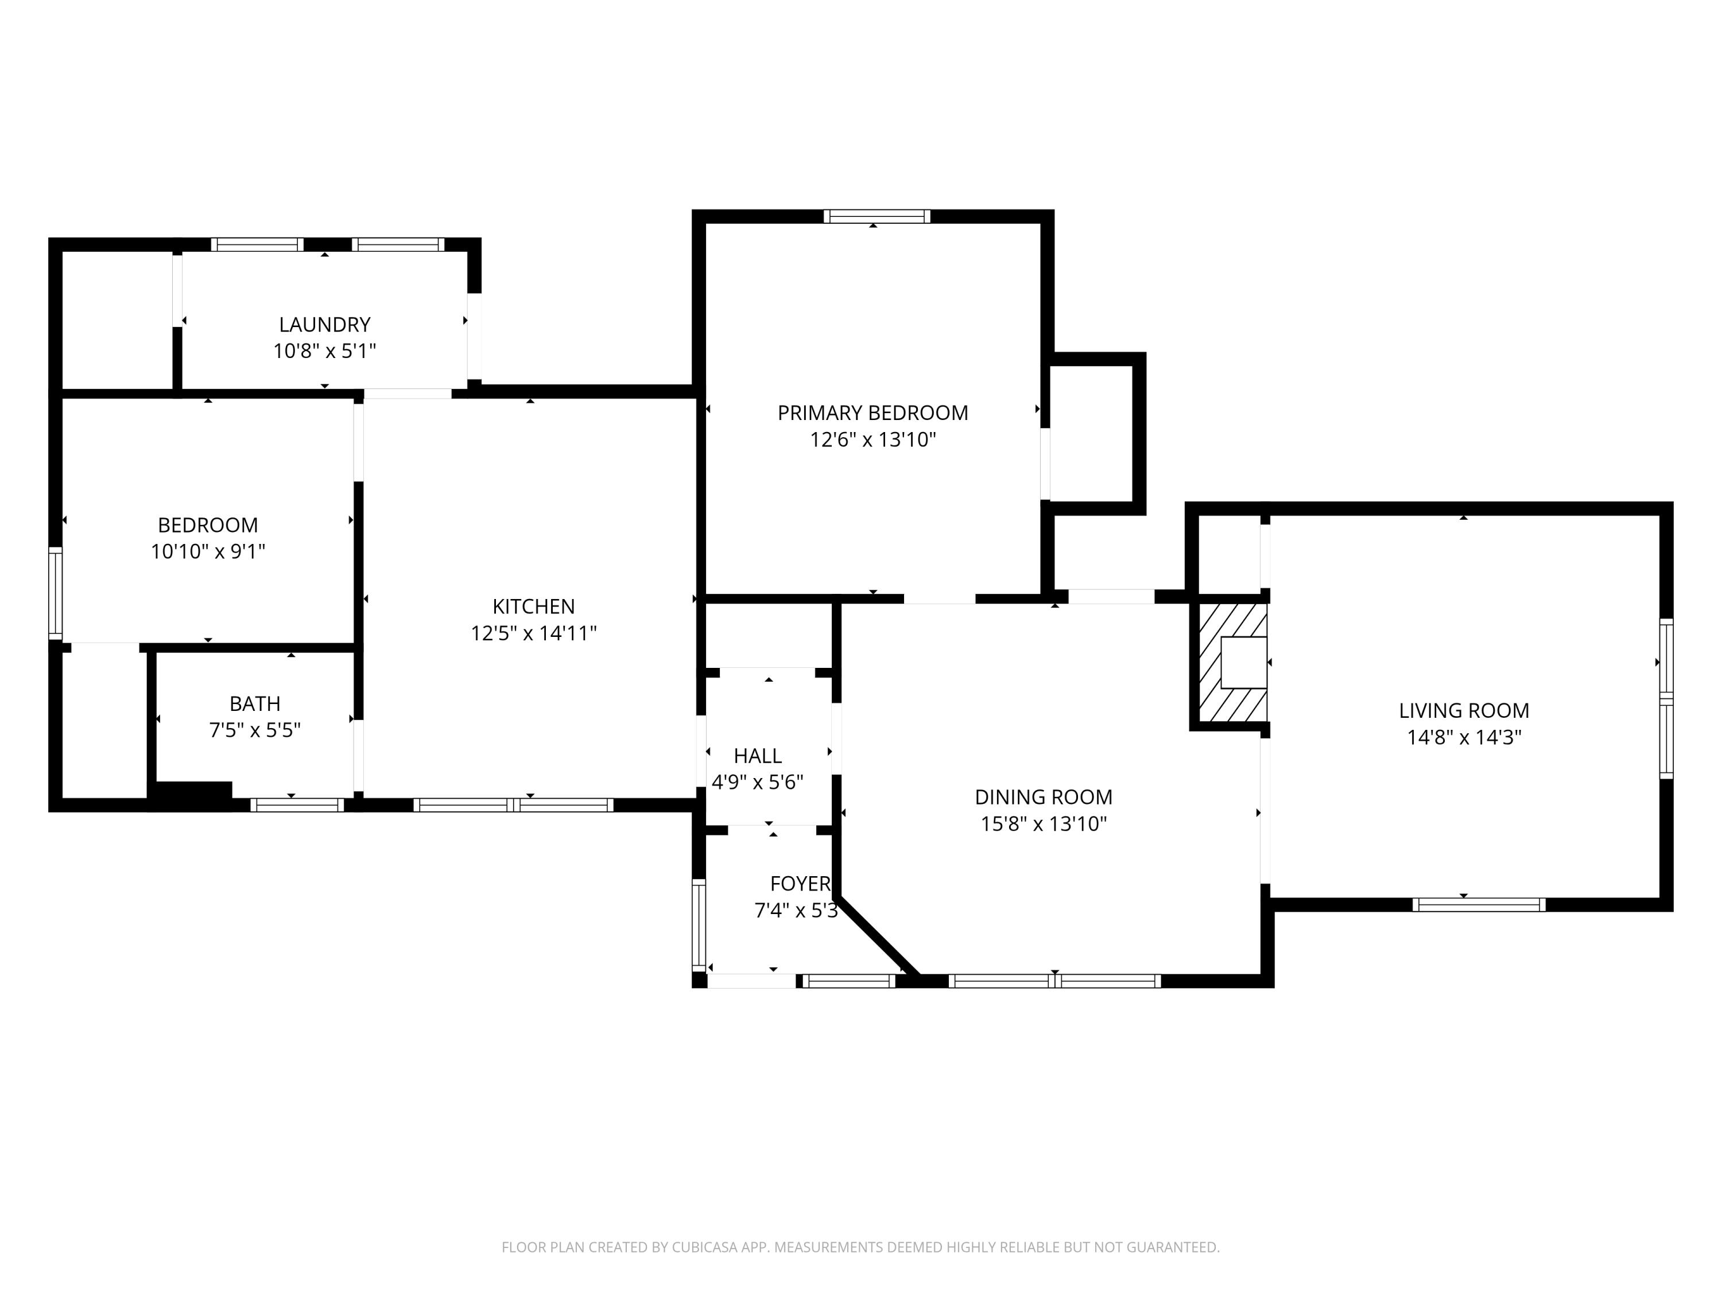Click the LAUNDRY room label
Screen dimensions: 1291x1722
pyautogui.click(x=325, y=325)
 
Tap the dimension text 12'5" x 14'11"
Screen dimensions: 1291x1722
pyautogui.click(x=533, y=633)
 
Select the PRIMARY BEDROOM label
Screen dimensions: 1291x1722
pyautogui.click(x=872, y=413)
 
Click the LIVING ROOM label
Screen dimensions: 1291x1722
pyautogui.click(x=1464, y=710)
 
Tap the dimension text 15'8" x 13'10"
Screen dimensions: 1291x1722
pyautogui.click(x=1043, y=823)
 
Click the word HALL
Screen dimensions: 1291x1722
pyautogui.click(x=758, y=756)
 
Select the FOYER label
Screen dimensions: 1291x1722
pyautogui.click(x=800, y=883)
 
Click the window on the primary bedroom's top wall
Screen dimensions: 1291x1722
pyautogui.click(x=876, y=216)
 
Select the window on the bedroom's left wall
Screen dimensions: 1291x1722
pyautogui.click(x=55, y=593)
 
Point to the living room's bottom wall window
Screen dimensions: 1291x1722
pyautogui.click(x=1478, y=904)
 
